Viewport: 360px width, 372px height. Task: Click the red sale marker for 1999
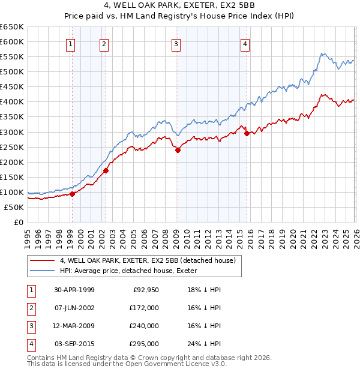click(x=72, y=194)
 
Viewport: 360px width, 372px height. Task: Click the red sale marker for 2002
click(x=106, y=170)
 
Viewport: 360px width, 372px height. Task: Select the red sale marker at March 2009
click(x=178, y=150)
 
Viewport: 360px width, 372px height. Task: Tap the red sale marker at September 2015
click(x=247, y=133)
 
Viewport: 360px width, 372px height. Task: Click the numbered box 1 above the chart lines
click(x=71, y=43)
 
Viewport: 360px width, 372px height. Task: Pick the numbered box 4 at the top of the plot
click(x=246, y=43)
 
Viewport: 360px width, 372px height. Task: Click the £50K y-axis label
click(x=14, y=207)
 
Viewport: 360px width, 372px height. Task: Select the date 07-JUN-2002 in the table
click(x=74, y=307)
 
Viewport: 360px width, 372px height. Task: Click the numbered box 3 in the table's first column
click(x=30, y=326)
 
